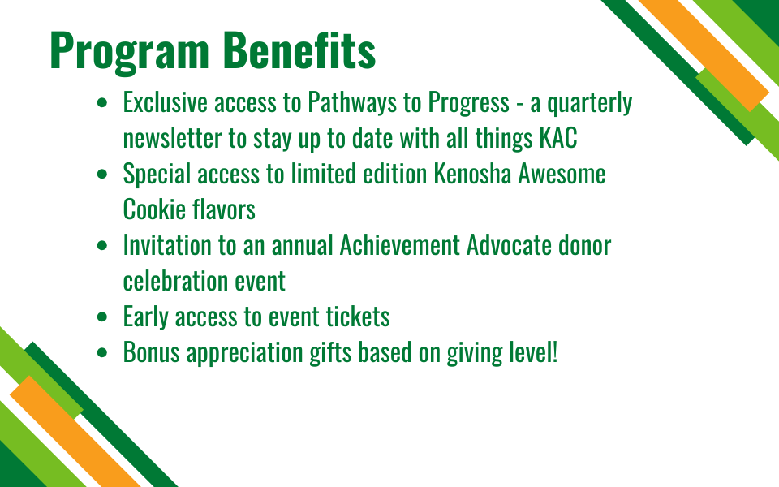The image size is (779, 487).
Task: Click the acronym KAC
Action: pyautogui.click(x=558, y=138)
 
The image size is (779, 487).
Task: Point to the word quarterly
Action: pyautogui.click(x=590, y=103)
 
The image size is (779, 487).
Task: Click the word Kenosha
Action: pyautogui.click(x=472, y=174)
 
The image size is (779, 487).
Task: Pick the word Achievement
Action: pyautogui.click(x=400, y=245)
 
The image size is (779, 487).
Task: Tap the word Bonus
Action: pyautogui.click(x=152, y=352)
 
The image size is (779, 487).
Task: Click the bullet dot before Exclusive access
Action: pyautogui.click(x=102, y=103)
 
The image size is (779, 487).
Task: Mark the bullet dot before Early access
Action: pyautogui.click(x=102, y=317)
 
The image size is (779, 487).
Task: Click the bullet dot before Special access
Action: pyautogui.click(x=102, y=175)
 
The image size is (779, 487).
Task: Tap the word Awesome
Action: pyautogui.click(x=562, y=174)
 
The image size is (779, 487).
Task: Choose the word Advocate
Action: pyautogui.click(x=510, y=245)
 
